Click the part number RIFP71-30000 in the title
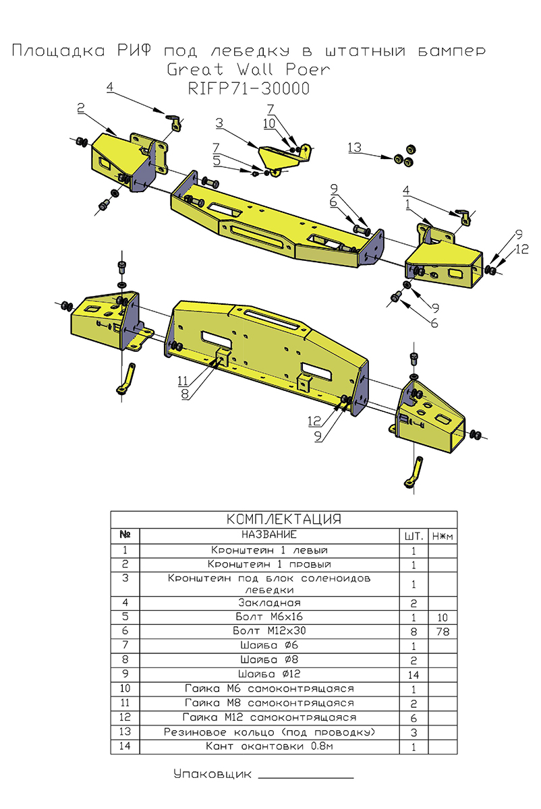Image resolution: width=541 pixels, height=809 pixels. tap(248, 89)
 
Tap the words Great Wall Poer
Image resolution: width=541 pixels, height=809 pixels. tap(248, 70)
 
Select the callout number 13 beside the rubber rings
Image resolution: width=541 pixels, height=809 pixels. tap(355, 148)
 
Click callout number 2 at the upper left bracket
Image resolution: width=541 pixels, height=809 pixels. tap(80, 108)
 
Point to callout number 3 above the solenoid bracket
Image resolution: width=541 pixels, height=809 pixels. tap(219, 123)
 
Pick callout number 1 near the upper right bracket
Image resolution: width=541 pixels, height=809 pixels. tap(409, 202)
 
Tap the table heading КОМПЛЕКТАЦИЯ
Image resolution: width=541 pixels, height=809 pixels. tap(284, 519)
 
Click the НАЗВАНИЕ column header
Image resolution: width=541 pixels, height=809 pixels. tap(269, 535)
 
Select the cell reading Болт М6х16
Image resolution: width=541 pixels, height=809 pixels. tap(269, 617)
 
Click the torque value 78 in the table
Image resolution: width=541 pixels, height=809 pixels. tap(443, 632)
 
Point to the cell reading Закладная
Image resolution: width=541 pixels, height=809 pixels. tap(269, 602)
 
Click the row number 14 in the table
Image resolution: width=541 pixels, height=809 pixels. tap(125, 747)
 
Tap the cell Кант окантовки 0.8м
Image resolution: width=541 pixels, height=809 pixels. tap(269, 747)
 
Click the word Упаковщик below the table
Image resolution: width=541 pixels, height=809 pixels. tap(212, 775)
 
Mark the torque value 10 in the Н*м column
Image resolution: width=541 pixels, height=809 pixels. tap(443, 618)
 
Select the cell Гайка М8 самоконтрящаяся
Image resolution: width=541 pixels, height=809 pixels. tap(269, 703)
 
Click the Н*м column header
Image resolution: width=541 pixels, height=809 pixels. tap(443, 536)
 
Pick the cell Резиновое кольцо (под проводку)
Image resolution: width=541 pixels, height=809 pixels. tap(269, 732)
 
